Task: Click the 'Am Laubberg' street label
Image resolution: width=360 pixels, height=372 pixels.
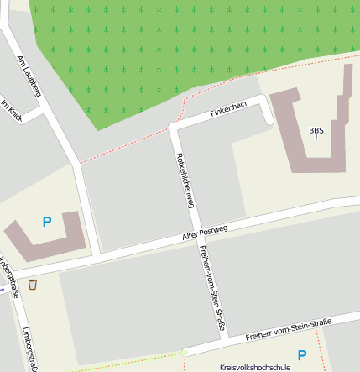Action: [x=29, y=76]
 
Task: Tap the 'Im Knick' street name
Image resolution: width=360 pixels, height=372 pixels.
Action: [x=12, y=113]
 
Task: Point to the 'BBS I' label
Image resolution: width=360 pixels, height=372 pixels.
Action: [x=316, y=133]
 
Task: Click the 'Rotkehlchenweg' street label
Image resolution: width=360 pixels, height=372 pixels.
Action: [x=185, y=181]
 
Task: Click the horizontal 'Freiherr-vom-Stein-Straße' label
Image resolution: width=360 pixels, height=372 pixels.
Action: [x=289, y=329]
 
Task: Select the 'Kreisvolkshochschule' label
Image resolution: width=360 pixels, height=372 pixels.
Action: [x=254, y=367]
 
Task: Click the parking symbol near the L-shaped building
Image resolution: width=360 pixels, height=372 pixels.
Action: [x=47, y=222]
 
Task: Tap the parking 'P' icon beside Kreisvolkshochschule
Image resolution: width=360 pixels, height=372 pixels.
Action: [x=302, y=355]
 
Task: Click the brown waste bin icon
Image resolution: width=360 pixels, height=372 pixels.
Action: [x=33, y=285]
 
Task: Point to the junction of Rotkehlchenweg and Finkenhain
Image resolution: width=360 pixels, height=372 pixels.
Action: [x=175, y=127]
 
